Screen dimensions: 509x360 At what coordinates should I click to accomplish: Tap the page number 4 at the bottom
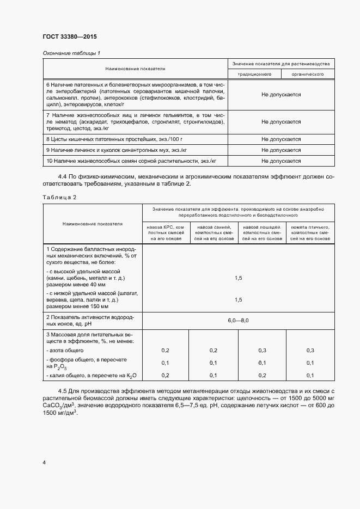point(44,462)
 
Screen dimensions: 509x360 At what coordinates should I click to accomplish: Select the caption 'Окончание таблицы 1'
point(71,53)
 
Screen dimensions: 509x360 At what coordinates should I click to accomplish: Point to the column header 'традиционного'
point(254,73)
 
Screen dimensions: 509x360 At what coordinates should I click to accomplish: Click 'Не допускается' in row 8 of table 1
point(281,139)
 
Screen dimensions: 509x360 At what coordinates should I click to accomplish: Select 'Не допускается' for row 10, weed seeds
point(281,161)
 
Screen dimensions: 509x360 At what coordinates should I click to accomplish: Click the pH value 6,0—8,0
point(238,321)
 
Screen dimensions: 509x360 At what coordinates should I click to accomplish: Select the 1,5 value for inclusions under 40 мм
point(238,278)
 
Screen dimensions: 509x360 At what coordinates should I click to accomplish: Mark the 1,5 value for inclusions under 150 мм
point(238,299)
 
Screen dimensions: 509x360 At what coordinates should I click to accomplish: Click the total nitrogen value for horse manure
point(262,350)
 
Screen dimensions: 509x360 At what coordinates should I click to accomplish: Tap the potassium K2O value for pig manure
point(213,376)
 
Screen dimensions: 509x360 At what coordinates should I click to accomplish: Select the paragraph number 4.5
point(63,391)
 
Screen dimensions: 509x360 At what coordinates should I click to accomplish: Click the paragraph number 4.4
point(63,176)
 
